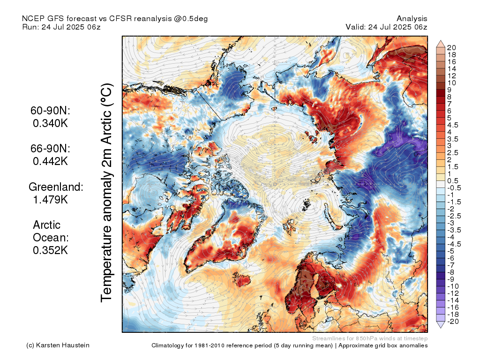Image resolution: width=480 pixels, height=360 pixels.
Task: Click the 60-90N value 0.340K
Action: pyautogui.click(x=50, y=123)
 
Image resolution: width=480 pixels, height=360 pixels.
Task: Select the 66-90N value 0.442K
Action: pyautogui.click(x=50, y=161)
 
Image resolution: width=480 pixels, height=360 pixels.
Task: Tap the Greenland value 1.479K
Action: pyautogui.click(x=50, y=200)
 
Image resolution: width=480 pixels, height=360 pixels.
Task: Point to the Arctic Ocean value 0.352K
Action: pyautogui.click(x=50, y=250)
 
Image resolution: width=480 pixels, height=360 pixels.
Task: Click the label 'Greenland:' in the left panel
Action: pyautogui.click(x=56, y=187)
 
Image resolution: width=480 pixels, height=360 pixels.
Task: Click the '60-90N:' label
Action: pyautogui.click(x=50, y=111)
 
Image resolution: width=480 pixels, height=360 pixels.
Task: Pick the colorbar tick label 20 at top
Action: pyautogui.click(x=451, y=48)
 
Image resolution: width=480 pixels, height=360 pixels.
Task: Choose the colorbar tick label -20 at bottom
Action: pyautogui.click(x=453, y=322)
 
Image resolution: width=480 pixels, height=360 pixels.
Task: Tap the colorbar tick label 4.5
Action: pyautogui.click(x=453, y=125)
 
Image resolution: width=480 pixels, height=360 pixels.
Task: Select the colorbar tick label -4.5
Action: pyautogui.click(x=454, y=244)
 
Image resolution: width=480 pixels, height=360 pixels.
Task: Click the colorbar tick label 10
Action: pyautogui.click(x=451, y=83)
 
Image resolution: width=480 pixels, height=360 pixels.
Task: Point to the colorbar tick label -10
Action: pyautogui.click(x=453, y=286)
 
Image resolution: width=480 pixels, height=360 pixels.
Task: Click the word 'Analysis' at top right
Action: pyautogui.click(x=412, y=19)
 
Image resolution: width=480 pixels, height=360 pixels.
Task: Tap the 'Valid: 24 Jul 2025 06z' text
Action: pyautogui.click(x=386, y=27)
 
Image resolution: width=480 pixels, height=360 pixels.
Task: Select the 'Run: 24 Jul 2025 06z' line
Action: pyautogui.click(x=61, y=27)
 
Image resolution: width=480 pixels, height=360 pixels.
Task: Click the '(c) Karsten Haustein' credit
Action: pyautogui.click(x=58, y=345)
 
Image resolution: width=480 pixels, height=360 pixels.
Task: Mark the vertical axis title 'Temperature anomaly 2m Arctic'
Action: pyautogui.click(x=106, y=193)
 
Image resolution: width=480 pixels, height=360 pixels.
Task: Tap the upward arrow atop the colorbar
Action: pyautogui.click(x=441, y=44)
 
